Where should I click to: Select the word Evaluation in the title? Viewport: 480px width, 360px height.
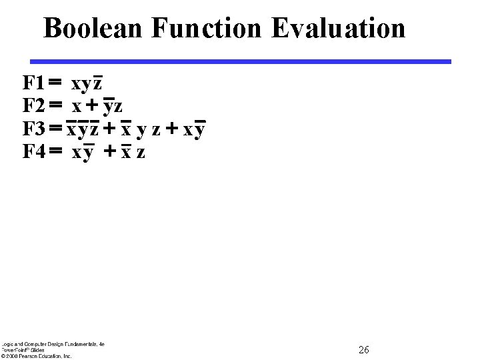[x=338, y=29]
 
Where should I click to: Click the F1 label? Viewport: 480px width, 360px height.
[x=33, y=83]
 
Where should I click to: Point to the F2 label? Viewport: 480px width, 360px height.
[x=33, y=106]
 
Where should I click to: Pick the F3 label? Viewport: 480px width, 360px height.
[x=33, y=129]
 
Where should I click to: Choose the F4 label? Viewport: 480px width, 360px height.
[x=33, y=152]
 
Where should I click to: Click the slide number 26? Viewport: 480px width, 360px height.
[x=364, y=350]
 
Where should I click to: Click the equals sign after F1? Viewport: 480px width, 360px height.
[x=55, y=83]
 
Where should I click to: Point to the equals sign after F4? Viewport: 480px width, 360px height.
[x=55, y=152]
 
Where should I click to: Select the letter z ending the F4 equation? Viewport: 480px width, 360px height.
[x=141, y=153]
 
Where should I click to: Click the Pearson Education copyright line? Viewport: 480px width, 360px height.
[x=37, y=356]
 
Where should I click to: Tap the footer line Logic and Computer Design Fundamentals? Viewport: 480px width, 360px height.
[x=53, y=344]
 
